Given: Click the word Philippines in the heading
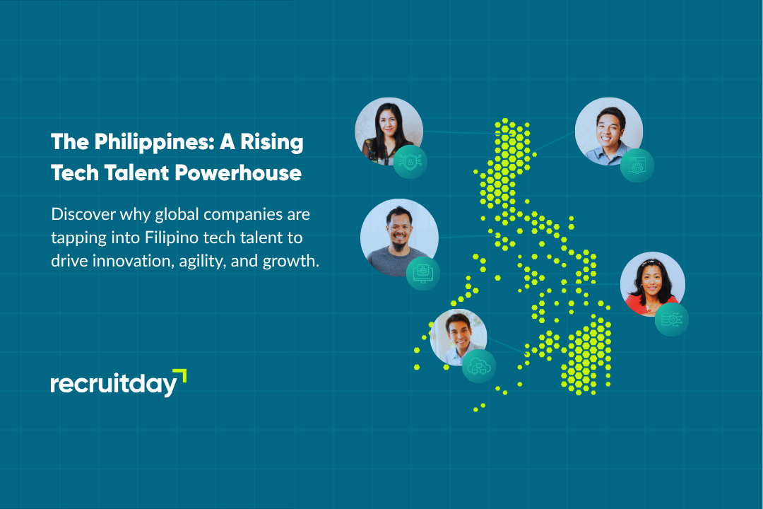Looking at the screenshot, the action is [154, 143].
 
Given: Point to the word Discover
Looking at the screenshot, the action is [83, 213].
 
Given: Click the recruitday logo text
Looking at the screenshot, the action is [114, 385].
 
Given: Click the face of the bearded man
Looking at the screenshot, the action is [399, 230].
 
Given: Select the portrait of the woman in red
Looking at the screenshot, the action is [653, 284].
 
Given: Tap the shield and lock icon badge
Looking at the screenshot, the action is [410, 162].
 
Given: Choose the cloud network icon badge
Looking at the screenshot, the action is [479, 365].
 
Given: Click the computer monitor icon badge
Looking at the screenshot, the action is [423, 274].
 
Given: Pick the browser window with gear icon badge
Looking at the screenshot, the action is [637, 165].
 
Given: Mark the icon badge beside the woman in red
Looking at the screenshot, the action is [672, 320].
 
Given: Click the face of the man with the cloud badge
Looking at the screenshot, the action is [458, 332].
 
